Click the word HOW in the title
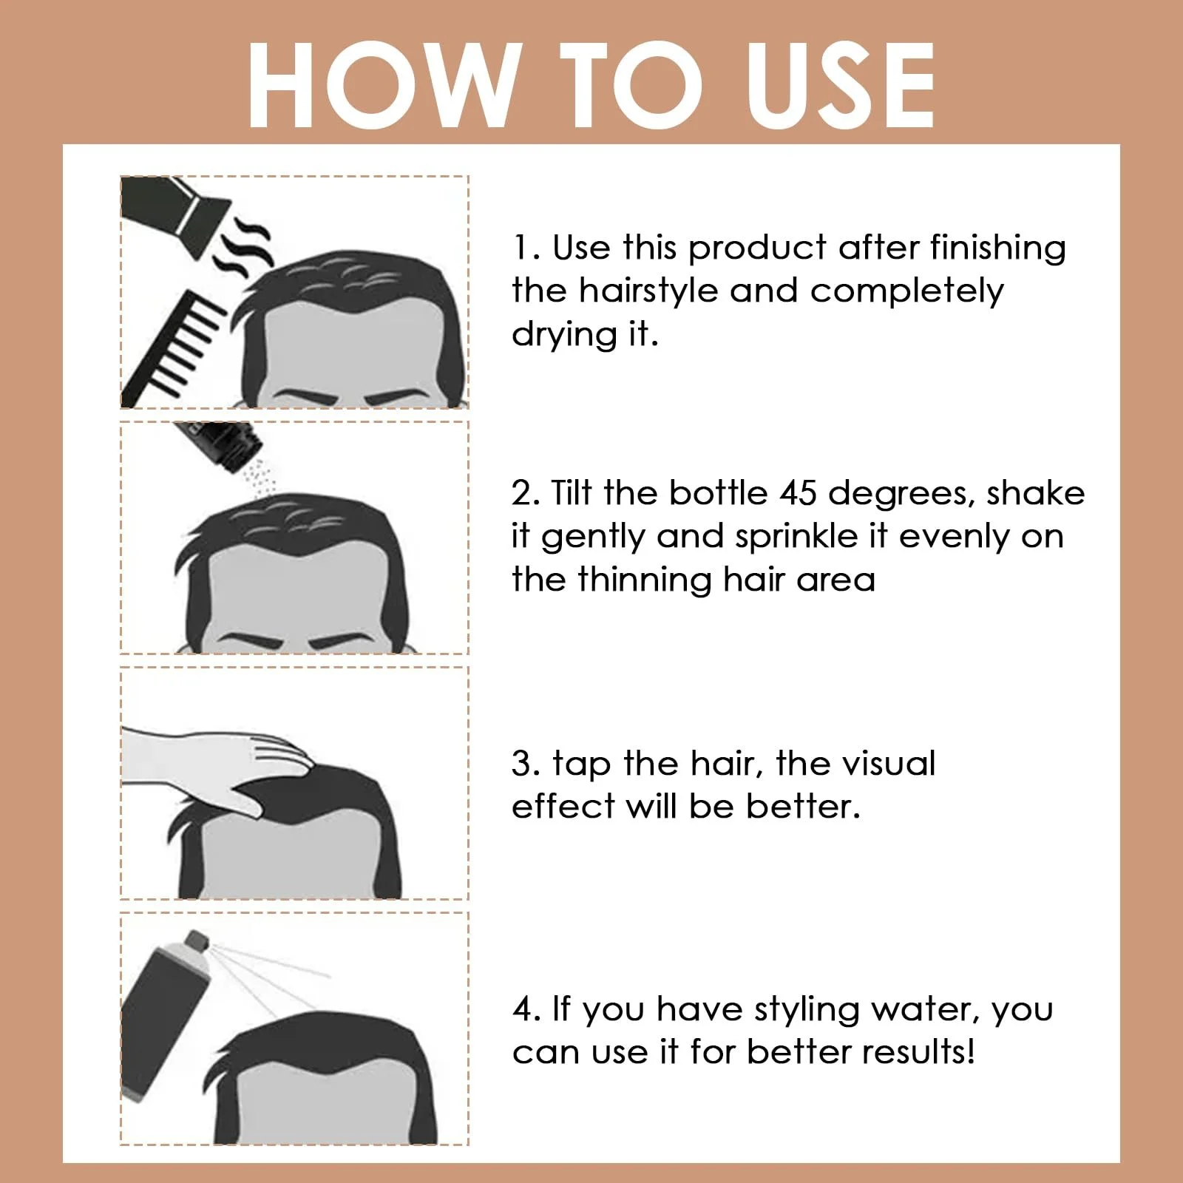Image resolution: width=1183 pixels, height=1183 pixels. click(x=381, y=85)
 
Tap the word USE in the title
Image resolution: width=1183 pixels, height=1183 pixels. click(x=841, y=85)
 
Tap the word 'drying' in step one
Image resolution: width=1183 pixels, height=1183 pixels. click(x=564, y=335)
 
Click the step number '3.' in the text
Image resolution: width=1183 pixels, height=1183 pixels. click(x=526, y=764)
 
